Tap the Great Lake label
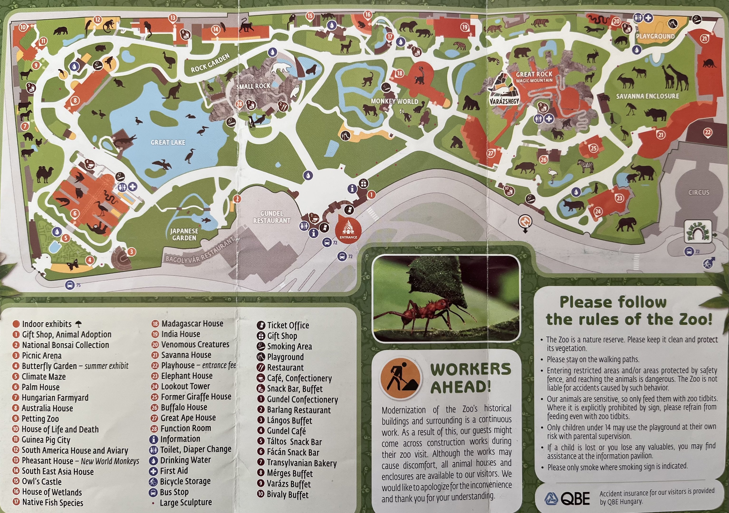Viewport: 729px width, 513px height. (x=168, y=142)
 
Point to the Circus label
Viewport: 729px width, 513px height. (x=699, y=192)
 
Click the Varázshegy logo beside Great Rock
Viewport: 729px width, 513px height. (x=504, y=90)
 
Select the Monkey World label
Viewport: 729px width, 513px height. (x=394, y=101)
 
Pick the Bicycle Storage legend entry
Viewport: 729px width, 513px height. (x=185, y=481)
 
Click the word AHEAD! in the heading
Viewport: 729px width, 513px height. (x=460, y=387)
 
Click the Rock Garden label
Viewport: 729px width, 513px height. (x=210, y=63)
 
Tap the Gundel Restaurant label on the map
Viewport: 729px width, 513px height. (x=271, y=217)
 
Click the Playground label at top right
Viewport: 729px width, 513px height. (x=655, y=36)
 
